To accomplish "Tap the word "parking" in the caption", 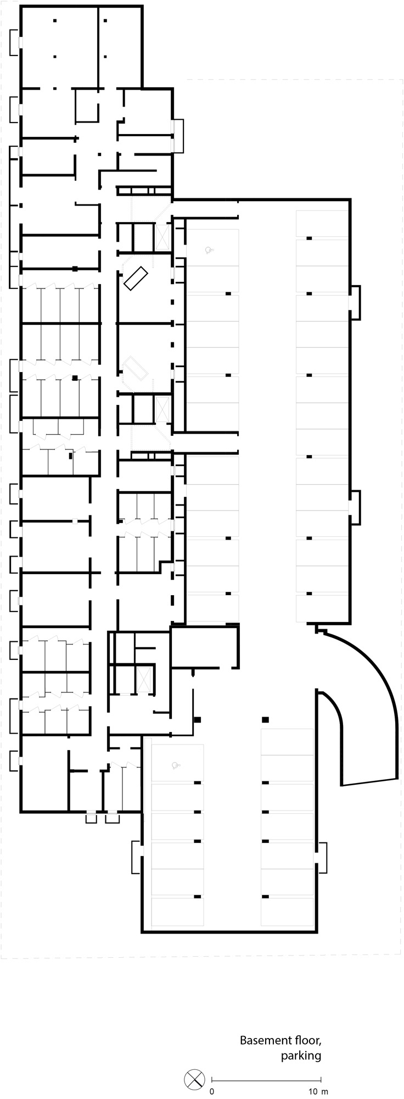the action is tap(301, 1056).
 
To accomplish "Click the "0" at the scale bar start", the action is tap(212, 1091).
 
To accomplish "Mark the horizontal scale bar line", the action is tap(266, 1080).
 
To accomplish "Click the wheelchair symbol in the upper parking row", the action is tap(209, 251).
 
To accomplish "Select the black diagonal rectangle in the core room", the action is tap(136, 278).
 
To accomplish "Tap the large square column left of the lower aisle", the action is tap(198, 720).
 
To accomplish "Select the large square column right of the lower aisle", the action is tap(265, 720).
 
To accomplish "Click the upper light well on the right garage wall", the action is tap(355, 302).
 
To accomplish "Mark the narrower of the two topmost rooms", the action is tap(120, 47).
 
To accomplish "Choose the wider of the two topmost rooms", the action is tap(60, 47).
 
